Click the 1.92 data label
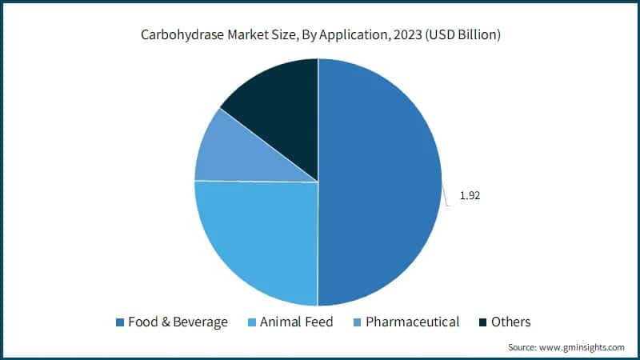[x=470, y=195]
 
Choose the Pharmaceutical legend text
[x=412, y=322]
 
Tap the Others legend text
[x=511, y=322]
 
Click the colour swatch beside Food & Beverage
[x=120, y=322]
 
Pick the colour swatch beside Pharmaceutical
[x=358, y=322]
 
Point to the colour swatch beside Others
[x=484, y=322]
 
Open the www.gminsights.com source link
[x=583, y=347]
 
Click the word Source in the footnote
[x=523, y=347]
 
